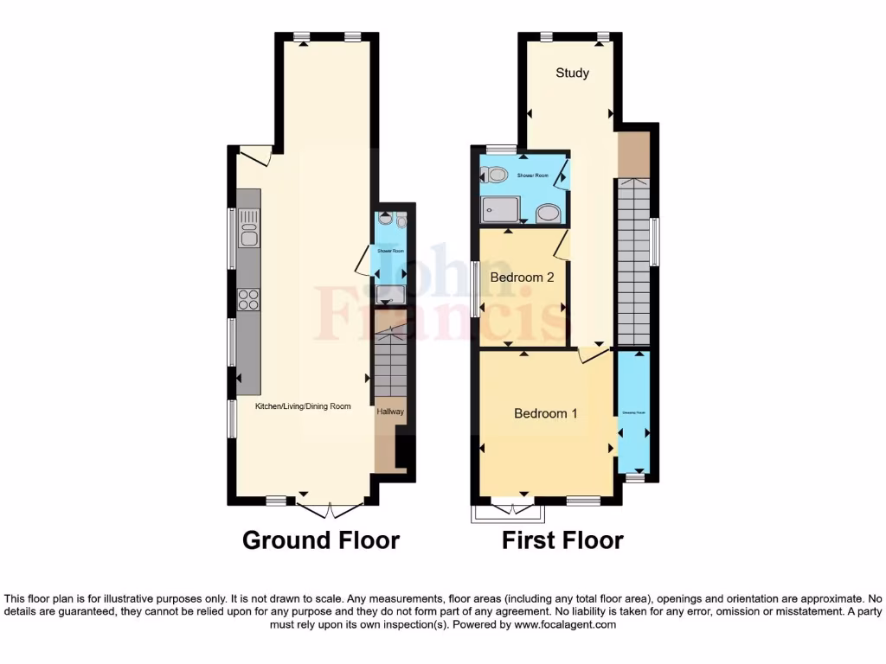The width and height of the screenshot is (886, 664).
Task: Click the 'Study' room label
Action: click(x=572, y=73)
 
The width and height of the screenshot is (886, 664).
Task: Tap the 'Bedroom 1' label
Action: click(x=545, y=413)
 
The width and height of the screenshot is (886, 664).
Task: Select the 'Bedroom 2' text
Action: click(x=522, y=278)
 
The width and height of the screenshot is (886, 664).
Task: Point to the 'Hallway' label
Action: click(x=389, y=412)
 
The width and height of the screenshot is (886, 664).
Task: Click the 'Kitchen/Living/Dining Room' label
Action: click(x=303, y=406)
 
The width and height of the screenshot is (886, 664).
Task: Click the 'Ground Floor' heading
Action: click(x=321, y=540)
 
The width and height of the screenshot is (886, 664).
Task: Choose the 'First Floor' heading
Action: click(x=562, y=540)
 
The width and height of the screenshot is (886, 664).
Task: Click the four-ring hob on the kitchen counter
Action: click(x=248, y=299)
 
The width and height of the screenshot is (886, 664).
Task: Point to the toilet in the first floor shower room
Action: click(x=496, y=176)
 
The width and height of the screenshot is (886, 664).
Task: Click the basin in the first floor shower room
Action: click(x=547, y=214)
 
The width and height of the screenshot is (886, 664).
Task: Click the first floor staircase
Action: click(x=633, y=259)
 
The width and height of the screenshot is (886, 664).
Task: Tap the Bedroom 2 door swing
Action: click(x=562, y=245)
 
